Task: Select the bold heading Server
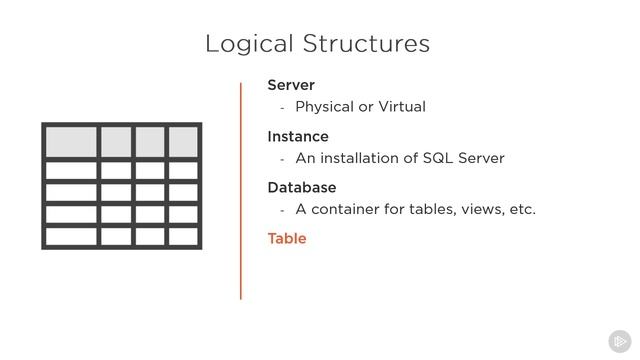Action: pos(291,85)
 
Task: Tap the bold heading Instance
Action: pos(298,136)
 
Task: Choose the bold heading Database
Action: pos(302,187)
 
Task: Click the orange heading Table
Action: pos(287,238)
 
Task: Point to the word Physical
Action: pos(324,107)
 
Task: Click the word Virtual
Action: pos(399,106)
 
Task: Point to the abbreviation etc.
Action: pos(521,209)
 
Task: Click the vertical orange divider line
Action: pos(241,190)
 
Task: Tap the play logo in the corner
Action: pos(619,340)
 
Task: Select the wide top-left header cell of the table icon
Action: pos(71,141)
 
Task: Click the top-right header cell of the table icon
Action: pos(183,141)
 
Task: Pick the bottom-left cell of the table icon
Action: pos(71,237)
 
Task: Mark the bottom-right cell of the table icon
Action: pos(183,237)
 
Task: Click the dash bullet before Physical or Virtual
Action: pos(283,108)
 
